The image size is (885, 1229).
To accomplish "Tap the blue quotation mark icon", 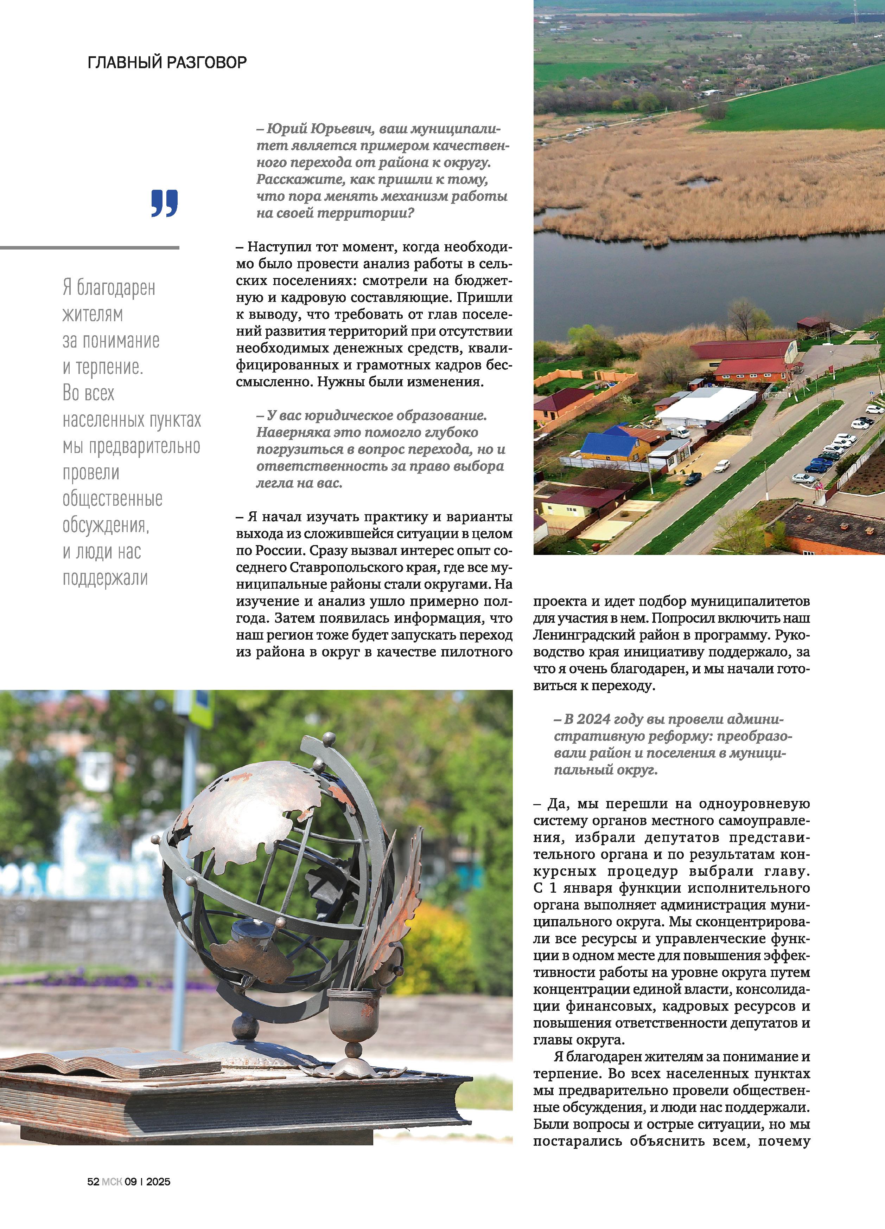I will coord(164,204).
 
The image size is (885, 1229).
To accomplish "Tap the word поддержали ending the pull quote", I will coord(105,578).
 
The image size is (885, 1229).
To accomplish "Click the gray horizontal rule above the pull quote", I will coord(89,248).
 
